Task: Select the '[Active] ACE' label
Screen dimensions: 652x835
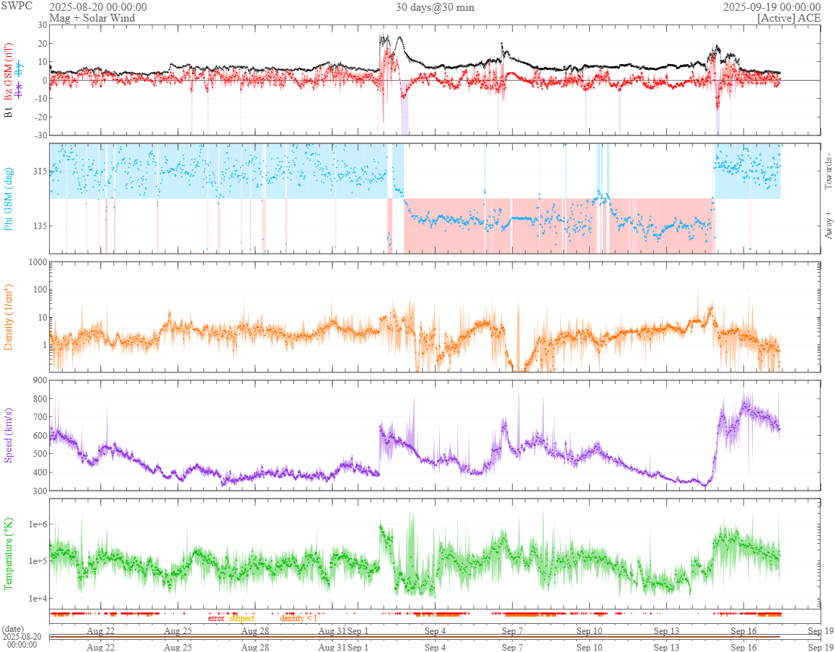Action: point(789,18)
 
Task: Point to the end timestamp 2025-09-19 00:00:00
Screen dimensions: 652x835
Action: point(772,7)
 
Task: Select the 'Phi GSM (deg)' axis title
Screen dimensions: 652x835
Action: point(9,198)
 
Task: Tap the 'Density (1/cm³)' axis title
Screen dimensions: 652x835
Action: point(9,317)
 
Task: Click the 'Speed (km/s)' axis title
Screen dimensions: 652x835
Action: point(9,435)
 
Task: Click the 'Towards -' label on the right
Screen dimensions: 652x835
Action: point(829,171)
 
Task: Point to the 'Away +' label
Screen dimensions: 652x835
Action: point(829,224)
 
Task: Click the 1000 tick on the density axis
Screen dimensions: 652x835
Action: point(37,262)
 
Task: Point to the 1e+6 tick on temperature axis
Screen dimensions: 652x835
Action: point(36,524)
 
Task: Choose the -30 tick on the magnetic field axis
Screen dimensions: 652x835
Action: point(40,135)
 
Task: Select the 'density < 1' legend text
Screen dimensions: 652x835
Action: point(299,618)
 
